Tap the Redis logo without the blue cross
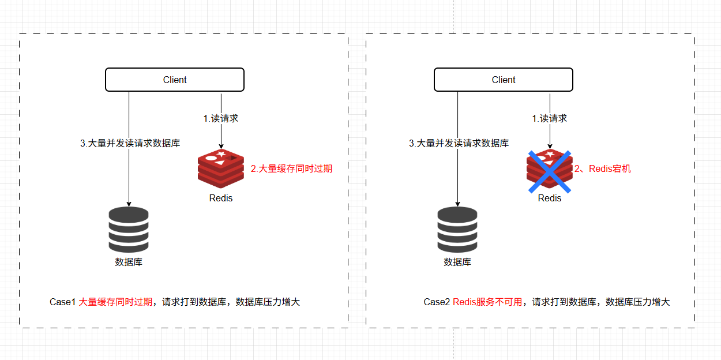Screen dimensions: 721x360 click(x=221, y=168)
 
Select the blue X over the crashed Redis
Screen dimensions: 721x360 click(x=550, y=172)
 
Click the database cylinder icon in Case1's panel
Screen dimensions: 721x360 click(x=129, y=230)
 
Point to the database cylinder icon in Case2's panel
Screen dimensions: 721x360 click(x=457, y=230)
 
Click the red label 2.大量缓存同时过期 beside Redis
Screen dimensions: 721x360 click(x=291, y=168)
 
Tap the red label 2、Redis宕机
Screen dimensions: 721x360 click(x=603, y=168)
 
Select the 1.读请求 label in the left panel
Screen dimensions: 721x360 click(x=221, y=118)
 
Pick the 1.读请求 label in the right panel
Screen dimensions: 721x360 click(x=550, y=118)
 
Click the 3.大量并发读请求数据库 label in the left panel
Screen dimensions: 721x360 click(x=130, y=143)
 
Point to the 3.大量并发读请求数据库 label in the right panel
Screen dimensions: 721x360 click(x=459, y=143)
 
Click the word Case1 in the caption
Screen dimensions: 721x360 click(x=62, y=302)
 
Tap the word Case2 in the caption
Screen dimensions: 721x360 click(x=437, y=302)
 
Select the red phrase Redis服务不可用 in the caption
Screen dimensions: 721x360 click(x=487, y=302)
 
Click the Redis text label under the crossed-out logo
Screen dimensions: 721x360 click(x=550, y=198)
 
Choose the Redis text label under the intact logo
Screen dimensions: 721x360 click(x=221, y=198)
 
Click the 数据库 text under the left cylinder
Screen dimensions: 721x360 click(x=129, y=262)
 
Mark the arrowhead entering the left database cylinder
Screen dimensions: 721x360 click(x=129, y=204)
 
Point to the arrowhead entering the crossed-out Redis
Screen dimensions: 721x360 click(x=550, y=147)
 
